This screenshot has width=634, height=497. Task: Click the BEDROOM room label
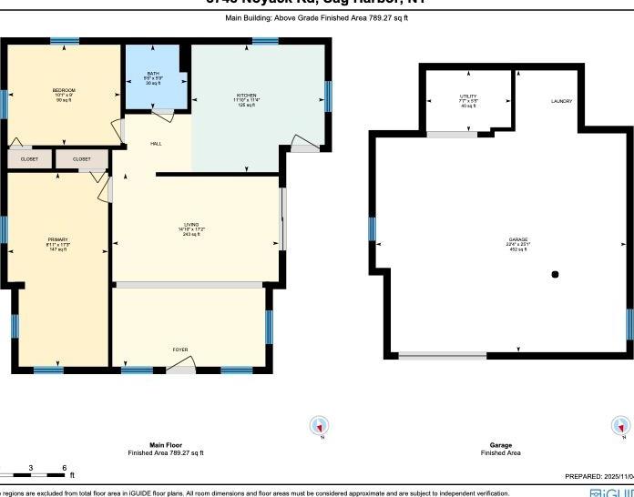63,90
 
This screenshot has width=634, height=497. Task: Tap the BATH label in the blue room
153,73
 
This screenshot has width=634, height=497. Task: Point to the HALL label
156,143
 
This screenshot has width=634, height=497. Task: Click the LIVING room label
191,223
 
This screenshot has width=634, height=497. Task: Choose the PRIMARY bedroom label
57,239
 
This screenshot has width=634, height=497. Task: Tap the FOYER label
180,350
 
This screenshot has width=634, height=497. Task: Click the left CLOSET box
29,159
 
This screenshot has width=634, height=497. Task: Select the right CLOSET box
81,159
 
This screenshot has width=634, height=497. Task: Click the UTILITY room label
467,96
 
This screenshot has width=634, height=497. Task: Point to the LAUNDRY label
561,101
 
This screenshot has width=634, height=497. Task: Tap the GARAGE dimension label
517,244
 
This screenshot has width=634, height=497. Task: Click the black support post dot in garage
555,274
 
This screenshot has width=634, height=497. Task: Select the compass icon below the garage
620,426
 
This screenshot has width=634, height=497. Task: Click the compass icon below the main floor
319,425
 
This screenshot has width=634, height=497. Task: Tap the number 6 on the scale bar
64,468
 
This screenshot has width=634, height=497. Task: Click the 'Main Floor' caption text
165,445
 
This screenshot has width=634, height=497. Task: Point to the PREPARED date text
597,476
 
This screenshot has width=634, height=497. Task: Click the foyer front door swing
181,367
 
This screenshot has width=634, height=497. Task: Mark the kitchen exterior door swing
303,143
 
